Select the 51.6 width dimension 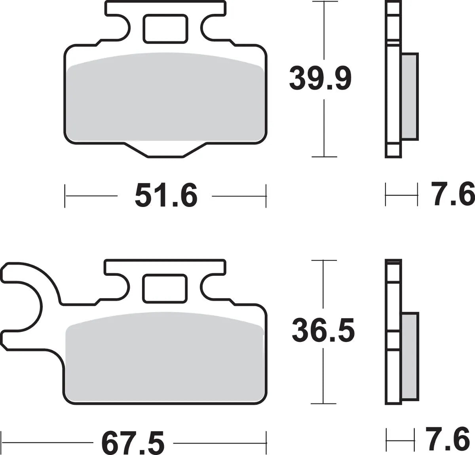[165, 195]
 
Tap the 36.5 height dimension [323, 331]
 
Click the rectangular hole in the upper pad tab [165, 28]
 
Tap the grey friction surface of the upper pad [165, 99]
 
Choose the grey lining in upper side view [409, 96]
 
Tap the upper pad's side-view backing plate [393, 79]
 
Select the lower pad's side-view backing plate [393, 332]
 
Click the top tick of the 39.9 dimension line [324, 2]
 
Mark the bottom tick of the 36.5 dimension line [324, 404]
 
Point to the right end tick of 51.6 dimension [266, 195]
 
